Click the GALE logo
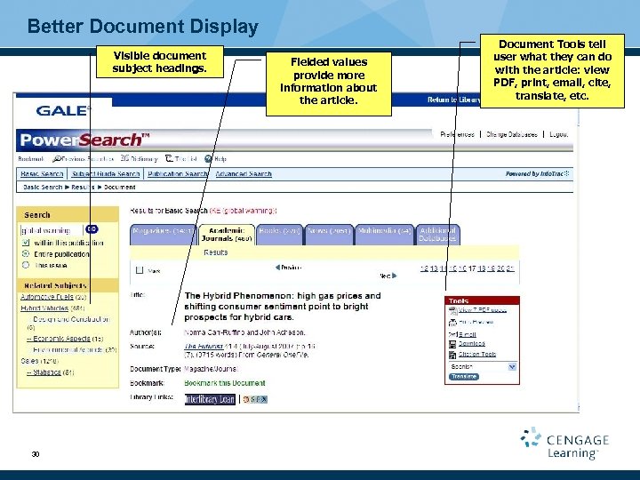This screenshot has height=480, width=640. click(63, 110)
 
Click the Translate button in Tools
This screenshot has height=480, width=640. click(463, 376)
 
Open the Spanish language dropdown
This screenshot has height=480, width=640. click(484, 365)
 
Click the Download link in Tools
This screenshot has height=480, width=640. click(471, 343)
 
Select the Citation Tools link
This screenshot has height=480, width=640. click(476, 354)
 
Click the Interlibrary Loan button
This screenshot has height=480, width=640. click(209, 400)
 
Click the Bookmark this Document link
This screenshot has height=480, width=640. click(225, 383)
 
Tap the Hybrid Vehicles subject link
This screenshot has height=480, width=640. click(44, 308)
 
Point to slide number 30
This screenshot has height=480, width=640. click(35, 454)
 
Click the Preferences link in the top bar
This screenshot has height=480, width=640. click(457, 134)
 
